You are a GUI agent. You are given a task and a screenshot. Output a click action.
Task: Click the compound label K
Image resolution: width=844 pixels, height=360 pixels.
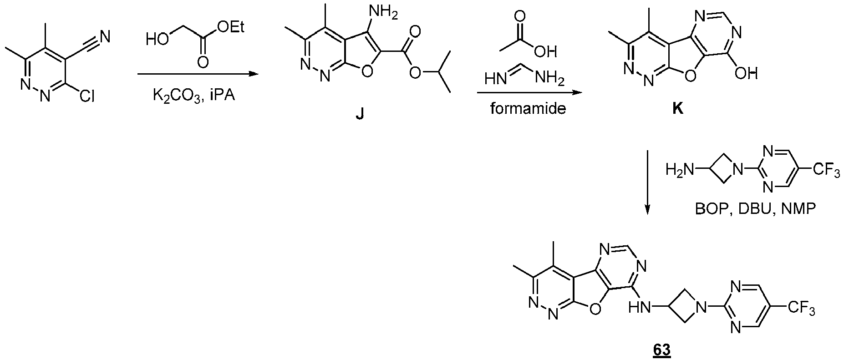pos(678,110)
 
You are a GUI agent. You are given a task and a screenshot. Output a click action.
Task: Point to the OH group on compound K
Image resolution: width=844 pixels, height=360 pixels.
pos(746,73)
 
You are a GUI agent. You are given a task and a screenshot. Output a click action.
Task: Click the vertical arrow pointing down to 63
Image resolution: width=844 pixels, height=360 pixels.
pos(646,181)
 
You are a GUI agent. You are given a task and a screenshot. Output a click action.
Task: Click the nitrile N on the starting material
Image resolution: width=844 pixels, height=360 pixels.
pos(104,35)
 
